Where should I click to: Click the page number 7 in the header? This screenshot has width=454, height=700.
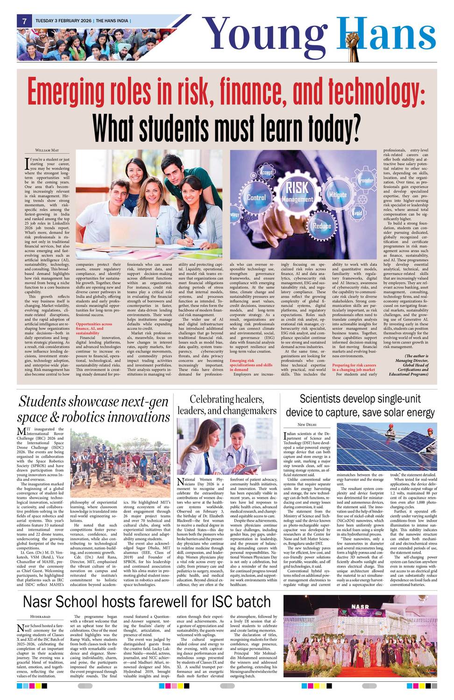[x=23, y=21]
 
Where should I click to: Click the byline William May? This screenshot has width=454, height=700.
[x=47, y=150]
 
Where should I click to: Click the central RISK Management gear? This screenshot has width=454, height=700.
[x=297, y=193]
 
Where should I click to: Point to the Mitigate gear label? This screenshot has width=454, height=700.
[x=338, y=195]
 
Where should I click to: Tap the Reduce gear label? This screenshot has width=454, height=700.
[x=322, y=226]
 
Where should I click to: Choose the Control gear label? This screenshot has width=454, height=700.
[x=256, y=197]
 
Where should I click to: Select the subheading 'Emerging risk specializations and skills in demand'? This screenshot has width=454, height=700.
[x=251, y=365]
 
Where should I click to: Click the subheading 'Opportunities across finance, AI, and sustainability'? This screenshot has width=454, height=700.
[x=94, y=329]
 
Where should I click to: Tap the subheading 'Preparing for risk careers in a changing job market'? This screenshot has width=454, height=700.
[x=354, y=367]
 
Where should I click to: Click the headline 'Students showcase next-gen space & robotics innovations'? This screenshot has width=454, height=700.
[x=93, y=409]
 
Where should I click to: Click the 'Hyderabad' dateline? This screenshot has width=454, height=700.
[x=40, y=616]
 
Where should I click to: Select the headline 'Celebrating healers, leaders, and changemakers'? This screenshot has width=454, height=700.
[x=227, y=405]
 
